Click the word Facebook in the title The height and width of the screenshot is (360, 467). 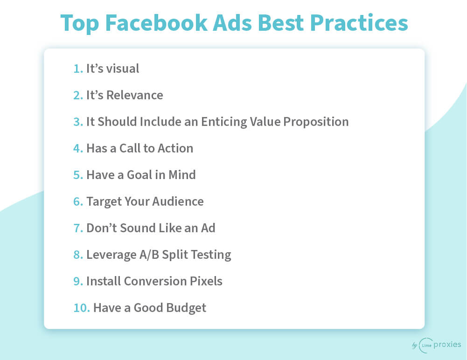(x=156, y=23)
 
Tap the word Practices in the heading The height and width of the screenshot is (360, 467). (x=359, y=23)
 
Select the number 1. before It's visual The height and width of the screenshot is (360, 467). (x=78, y=69)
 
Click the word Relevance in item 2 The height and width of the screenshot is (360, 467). (x=135, y=95)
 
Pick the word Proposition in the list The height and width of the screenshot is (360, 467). (x=316, y=122)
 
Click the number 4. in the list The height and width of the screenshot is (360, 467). (x=78, y=148)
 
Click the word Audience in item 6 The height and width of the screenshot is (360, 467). (x=178, y=201)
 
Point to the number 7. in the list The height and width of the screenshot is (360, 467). (x=78, y=228)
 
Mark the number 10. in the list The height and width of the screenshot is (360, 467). (x=82, y=308)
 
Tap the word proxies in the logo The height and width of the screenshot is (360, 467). (x=447, y=345)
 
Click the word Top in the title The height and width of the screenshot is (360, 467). (x=79, y=23)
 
